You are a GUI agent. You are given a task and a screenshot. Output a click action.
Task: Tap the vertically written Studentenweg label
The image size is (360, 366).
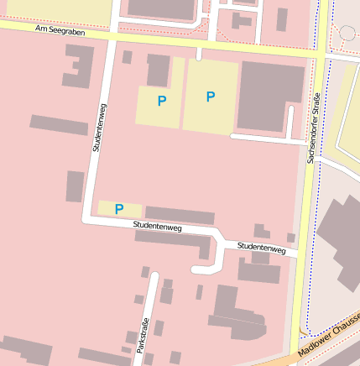click(x=98, y=127)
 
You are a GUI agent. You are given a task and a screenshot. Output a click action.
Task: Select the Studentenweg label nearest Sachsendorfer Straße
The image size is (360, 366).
click(x=261, y=248)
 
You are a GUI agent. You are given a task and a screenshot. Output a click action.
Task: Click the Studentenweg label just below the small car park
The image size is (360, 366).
click(x=157, y=227)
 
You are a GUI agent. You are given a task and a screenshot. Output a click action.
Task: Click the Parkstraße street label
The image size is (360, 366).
click(x=143, y=337)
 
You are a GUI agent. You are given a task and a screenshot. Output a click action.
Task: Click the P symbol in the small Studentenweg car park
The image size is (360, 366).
click(x=119, y=209)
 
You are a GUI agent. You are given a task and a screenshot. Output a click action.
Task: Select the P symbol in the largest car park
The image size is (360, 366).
click(x=211, y=97)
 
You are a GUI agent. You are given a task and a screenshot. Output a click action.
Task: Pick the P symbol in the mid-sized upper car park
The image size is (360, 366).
click(x=161, y=101)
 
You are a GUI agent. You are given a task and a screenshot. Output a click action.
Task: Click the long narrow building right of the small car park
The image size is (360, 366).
click(x=179, y=215)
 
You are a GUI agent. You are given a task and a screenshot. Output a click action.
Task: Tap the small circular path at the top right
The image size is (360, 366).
click(x=347, y=34)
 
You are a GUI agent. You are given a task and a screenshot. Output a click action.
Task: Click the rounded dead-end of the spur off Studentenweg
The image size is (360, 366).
click(x=197, y=269)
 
